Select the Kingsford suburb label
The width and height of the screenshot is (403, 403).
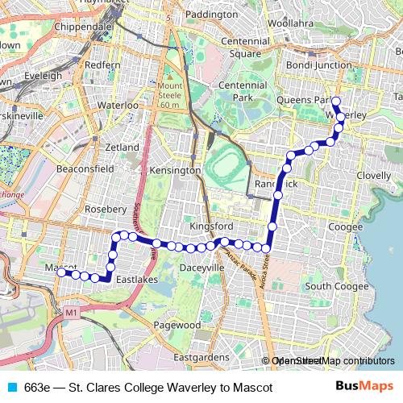[x=211, y=226]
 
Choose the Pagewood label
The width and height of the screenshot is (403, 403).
[x=177, y=325]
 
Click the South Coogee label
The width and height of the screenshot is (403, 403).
[x=336, y=286]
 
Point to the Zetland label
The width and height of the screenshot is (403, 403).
[x=123, y=147]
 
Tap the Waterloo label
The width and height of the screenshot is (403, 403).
[x=118, y=105]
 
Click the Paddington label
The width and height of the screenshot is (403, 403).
[x=211, y=15]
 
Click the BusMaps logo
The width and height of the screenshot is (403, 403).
[x=364, y=387]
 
